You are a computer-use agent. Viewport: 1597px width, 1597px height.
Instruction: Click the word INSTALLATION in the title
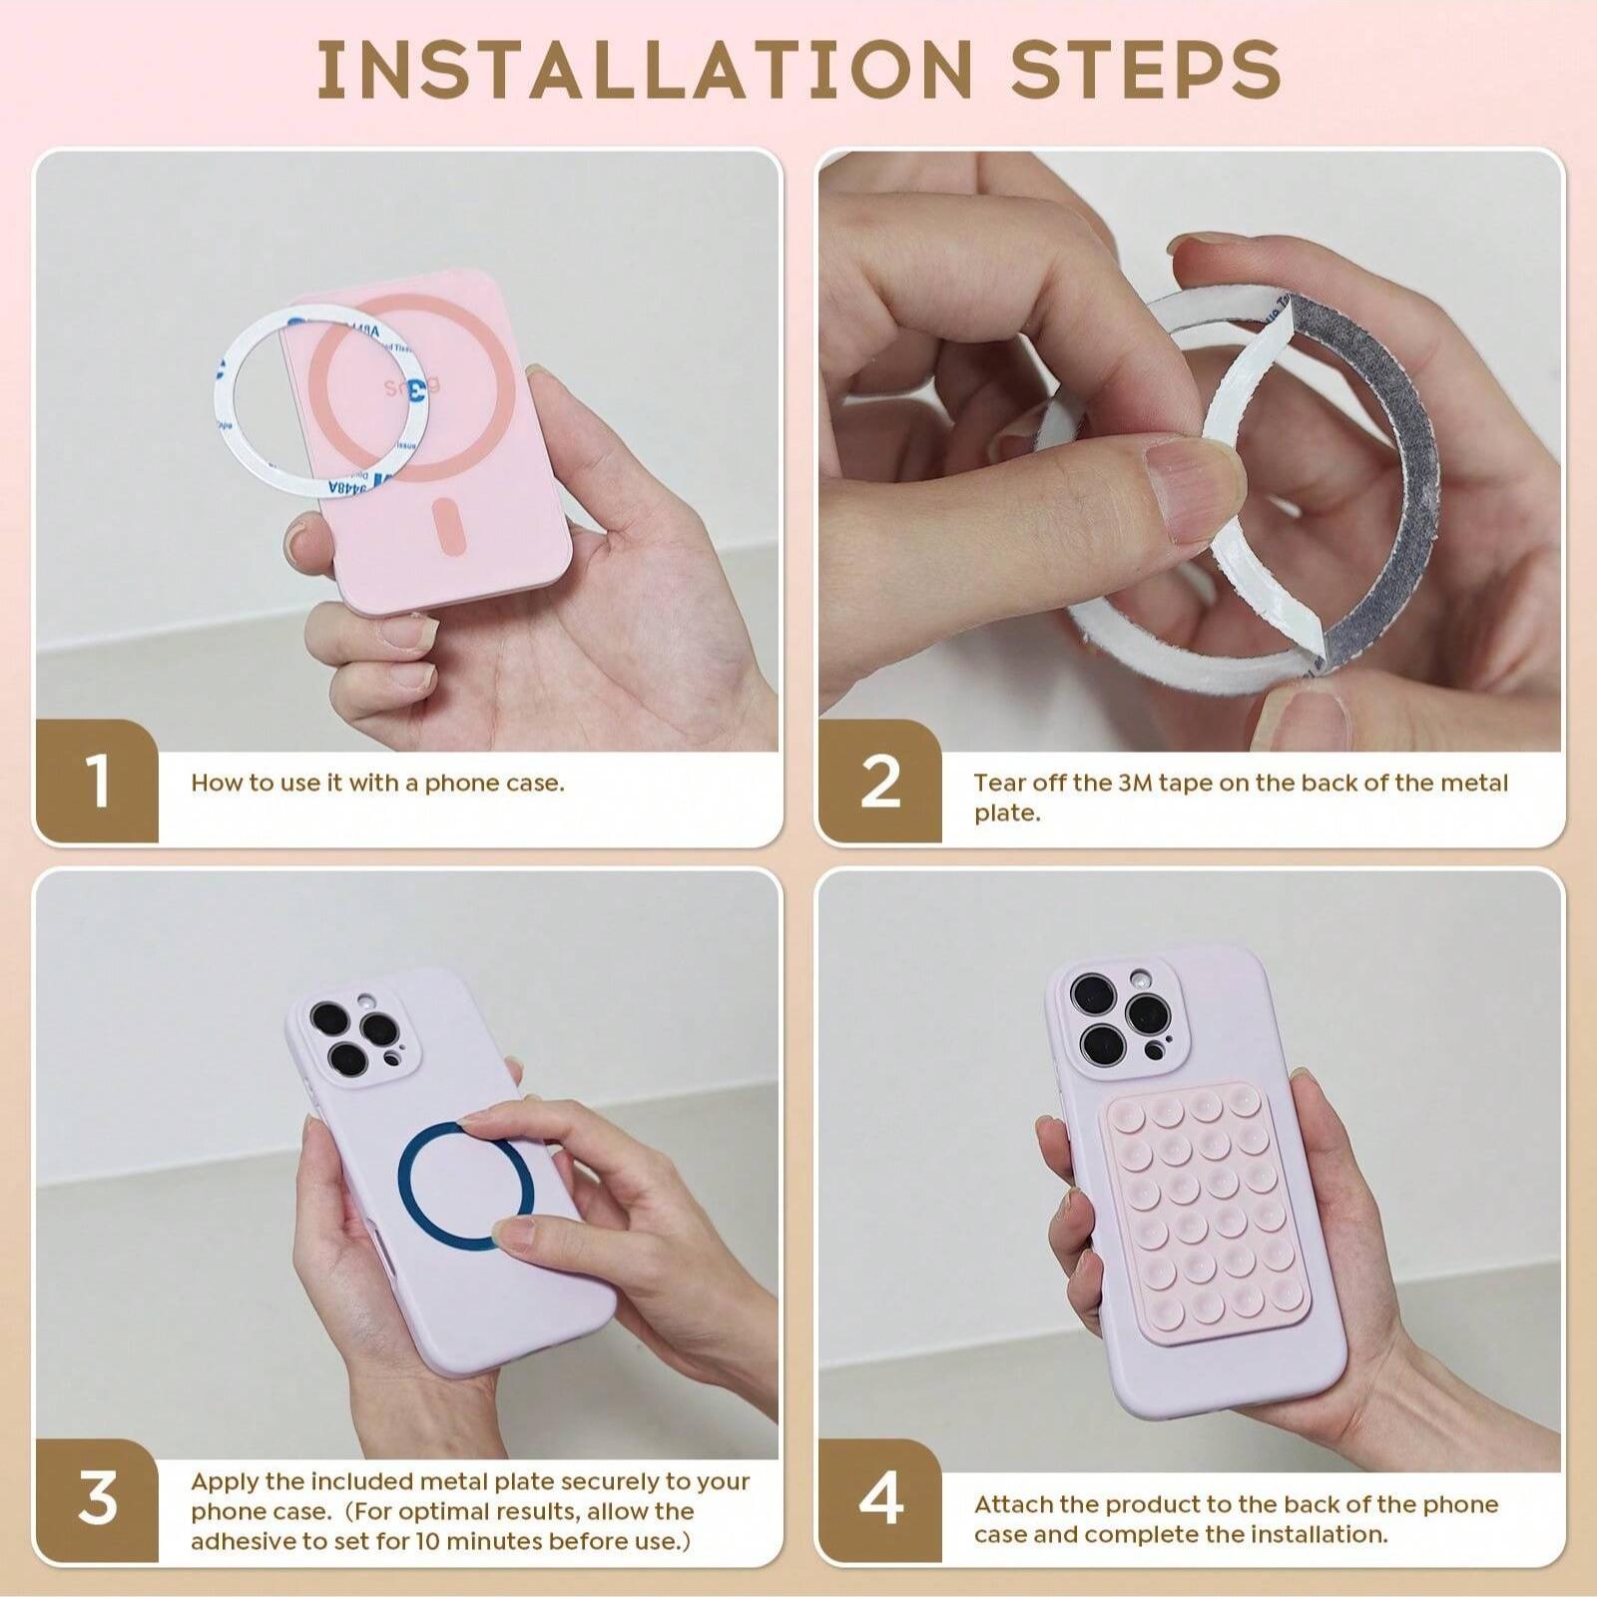pos(645,69)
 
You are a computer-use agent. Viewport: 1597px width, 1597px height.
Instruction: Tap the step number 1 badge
pos(97,782)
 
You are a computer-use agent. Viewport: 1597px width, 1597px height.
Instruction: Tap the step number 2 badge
pos(880,782)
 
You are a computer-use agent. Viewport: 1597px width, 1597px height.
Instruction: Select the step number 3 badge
pos(97,1498)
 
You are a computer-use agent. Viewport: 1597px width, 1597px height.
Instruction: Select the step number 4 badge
pos(880,1498)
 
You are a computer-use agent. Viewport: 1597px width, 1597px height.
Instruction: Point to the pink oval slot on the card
pos(451,528)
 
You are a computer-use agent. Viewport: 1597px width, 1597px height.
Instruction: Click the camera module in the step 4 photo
pos(1118,1018)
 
